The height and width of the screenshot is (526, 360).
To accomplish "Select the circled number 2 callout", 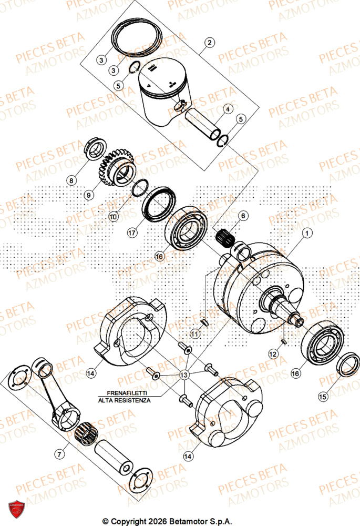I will click(x=209, y=43).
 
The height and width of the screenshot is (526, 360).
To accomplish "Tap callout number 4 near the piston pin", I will click(x=228, y=109).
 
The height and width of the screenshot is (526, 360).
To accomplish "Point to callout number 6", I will click(x=243, y=216).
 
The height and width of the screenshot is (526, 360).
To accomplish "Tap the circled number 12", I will click(x=273, y=355).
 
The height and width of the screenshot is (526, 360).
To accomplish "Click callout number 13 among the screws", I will click(x=184, y=374).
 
